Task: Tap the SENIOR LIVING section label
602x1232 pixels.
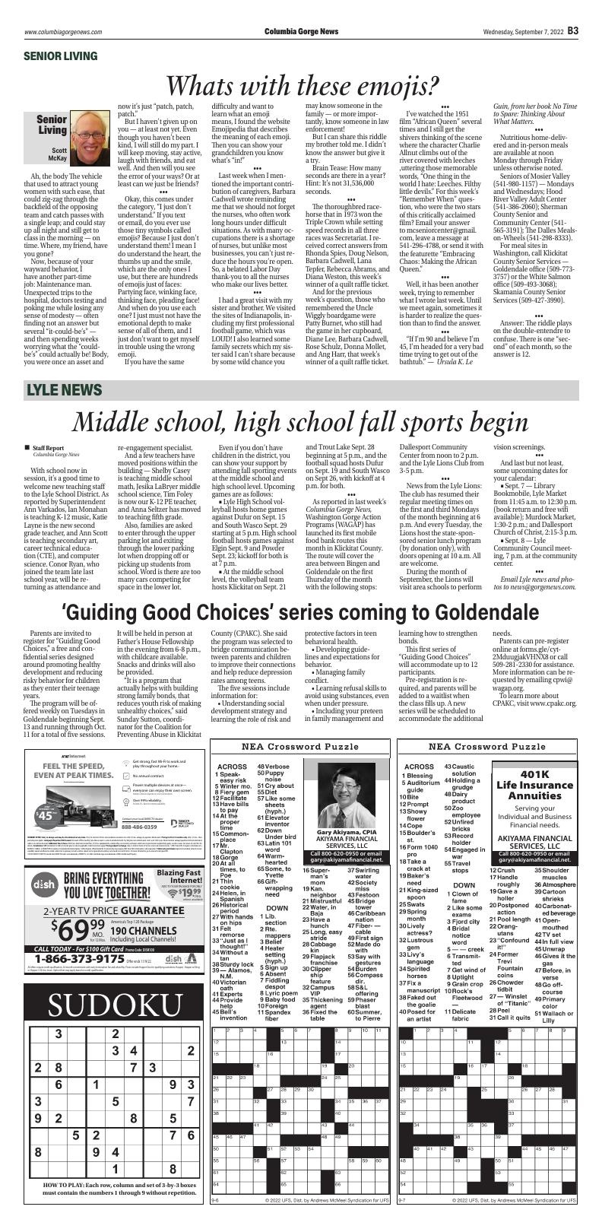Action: pos(62,56)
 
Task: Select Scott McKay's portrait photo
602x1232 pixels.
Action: pos(111,131)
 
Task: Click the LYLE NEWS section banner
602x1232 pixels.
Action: pos(64,390)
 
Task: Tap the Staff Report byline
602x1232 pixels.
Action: pos(49,449)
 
